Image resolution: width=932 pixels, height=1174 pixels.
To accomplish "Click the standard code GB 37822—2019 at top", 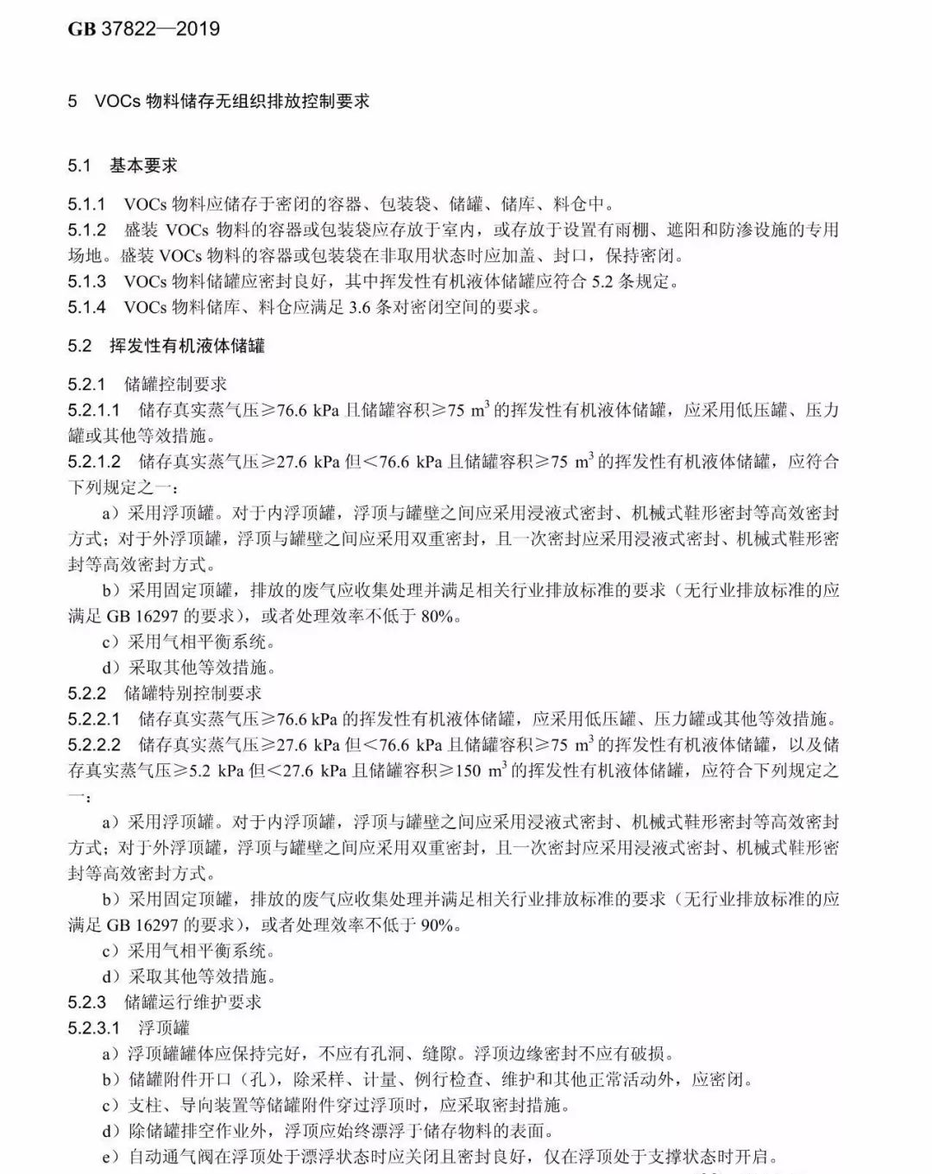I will [143, 28].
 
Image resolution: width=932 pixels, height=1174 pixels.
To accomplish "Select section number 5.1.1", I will [86, 204].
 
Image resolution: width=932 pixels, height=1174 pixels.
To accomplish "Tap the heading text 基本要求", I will [143, 165].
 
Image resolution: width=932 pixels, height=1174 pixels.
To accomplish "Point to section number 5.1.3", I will [86, 281].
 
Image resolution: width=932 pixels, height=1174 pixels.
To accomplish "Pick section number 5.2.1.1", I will [94, 410].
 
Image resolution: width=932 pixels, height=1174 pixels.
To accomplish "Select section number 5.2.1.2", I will [94, 461].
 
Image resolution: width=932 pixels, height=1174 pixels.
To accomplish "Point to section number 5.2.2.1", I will [94, 719].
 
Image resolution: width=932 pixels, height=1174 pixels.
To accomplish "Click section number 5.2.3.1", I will [94, 1028].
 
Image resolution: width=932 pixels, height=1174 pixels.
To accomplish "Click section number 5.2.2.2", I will [94, 744].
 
